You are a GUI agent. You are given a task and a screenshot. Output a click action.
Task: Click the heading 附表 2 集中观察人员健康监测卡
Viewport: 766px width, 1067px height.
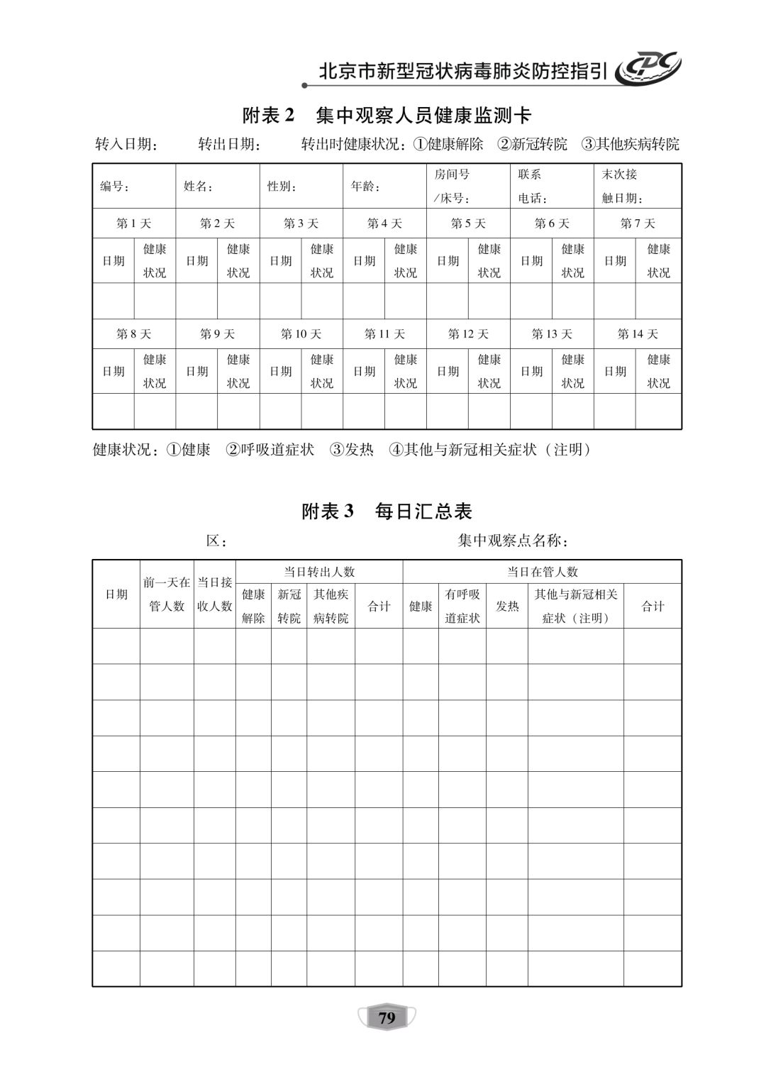tap(387, 115)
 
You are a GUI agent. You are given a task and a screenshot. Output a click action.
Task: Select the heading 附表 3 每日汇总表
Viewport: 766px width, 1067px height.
tap(387, 512)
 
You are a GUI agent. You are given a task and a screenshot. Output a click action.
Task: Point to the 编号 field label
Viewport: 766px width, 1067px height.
tap(114, 187)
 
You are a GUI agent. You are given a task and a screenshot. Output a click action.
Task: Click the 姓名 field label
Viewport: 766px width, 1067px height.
tap(199, 187)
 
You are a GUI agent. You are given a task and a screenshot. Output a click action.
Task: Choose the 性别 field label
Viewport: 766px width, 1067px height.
tap(282, 187)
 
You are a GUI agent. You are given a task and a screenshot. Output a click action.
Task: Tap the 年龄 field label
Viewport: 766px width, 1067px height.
tap(366, 187)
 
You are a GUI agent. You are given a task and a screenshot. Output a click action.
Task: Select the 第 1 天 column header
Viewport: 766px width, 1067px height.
tap(134, 223)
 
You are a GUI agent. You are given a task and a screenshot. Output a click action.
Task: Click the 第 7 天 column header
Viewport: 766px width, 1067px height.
tap(638, 223)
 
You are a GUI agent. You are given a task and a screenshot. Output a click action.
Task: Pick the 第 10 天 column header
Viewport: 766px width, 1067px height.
tap(301, 334)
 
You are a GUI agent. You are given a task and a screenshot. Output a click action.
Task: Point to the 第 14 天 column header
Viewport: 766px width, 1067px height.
tap(638, 334)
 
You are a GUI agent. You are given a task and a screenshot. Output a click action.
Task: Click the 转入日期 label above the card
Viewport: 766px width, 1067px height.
tap(126, 145)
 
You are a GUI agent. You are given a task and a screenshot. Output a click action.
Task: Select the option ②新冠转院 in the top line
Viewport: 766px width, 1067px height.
tap(533, 145)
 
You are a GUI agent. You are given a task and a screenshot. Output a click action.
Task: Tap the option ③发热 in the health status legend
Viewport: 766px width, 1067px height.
tap(352, 450)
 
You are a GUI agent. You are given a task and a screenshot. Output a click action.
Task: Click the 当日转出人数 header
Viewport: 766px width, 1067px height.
tap(319, 572)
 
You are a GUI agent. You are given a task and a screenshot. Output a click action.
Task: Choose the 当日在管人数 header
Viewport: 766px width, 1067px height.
tap(542, 572)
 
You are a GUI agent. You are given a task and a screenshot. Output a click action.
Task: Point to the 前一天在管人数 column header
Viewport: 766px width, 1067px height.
tap(167, 595)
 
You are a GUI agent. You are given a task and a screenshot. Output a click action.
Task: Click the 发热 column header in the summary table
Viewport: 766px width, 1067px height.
tap(507, 607)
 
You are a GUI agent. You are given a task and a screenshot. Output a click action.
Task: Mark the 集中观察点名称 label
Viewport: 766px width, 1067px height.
tap(513, 541)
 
